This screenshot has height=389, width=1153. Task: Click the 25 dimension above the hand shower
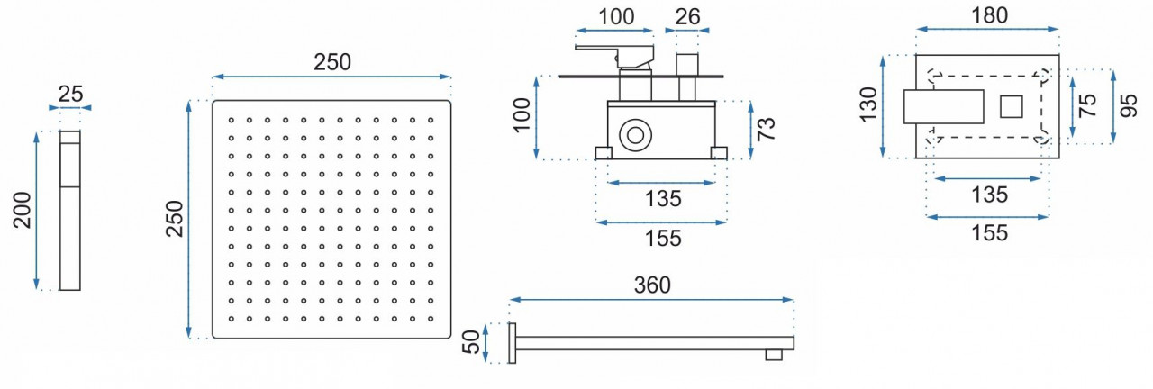click(70, 93)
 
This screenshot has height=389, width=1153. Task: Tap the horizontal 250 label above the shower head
click(331, 62)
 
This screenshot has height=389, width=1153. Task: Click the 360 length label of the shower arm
click(651, 285)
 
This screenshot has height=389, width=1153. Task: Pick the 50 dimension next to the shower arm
click(469, 342)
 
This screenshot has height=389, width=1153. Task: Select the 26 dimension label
click(687, 16)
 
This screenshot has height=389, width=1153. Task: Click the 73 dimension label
click(767, 129)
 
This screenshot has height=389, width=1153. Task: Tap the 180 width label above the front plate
click(989, 15)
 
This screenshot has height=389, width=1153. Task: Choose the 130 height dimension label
click(868, 104)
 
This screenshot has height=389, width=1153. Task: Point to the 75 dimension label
click(1088, 104)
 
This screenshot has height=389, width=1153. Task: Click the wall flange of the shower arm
click(513, 343)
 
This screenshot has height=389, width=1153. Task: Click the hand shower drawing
click(70, 211)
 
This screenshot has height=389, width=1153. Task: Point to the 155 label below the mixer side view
click(662, 239)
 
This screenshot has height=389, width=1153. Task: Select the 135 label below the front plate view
click(989, 194)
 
